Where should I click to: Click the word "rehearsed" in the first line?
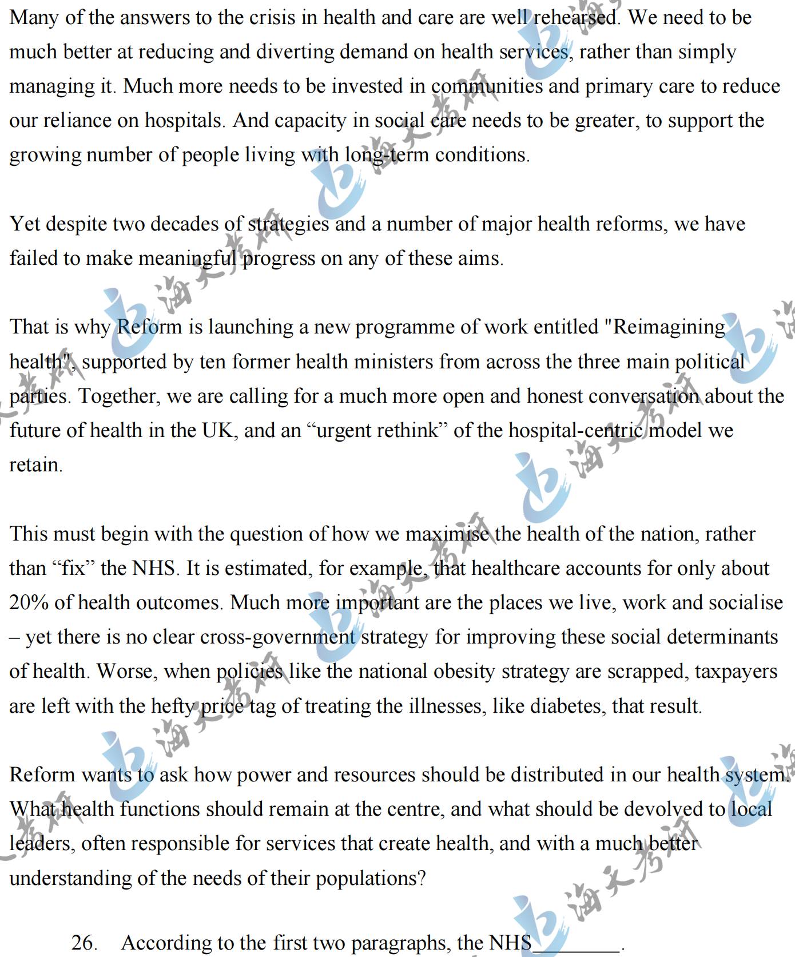pyautogui.click(x=575, y=18)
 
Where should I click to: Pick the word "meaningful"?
pyautogui.click(x=187, y=259)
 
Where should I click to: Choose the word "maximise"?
pyautogui.click(x=447, y=534)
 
